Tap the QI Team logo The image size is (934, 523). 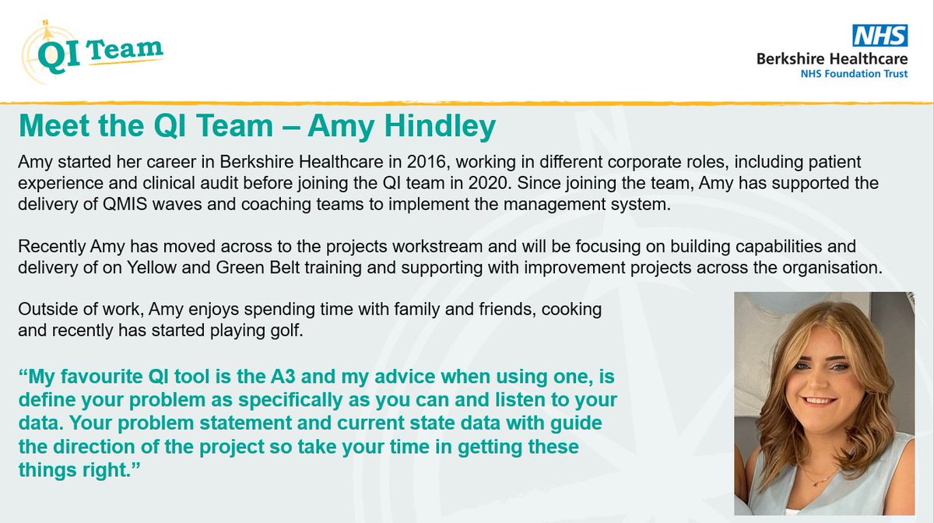tap(91, 52)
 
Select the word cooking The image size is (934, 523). tap(574, 310)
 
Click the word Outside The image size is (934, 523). tap(44, 310)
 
